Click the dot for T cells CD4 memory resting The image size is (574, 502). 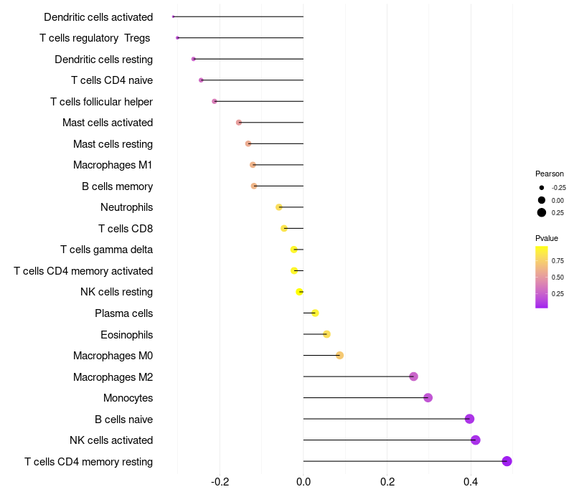[x=507, y=461]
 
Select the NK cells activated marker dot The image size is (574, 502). [x=475, y=440]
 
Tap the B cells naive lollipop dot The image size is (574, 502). [x=469, y=419]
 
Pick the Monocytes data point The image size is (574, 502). [x=428, y=398]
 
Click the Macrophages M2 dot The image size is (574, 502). [x=413, y=376]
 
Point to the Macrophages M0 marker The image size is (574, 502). [x=339, y=356]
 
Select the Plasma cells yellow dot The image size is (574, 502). [x=315, y=313]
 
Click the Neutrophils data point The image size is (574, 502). [x=279, y=207]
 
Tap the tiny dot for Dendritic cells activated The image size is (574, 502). [x=174, y=16]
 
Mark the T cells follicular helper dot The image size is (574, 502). [x=215, y=101]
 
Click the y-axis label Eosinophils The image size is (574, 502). [x=126, y=335]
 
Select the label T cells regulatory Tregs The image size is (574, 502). [x=95, y=38]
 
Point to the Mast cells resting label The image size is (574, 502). [x=113, y=144]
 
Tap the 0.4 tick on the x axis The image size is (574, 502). [x=471, y=482]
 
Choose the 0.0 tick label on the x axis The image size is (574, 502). [x=304, y=482]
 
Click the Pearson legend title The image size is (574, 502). [x=550, y=174]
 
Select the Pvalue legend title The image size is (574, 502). [x=547, y=238]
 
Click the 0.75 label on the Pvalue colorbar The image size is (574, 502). [x=557, y=261]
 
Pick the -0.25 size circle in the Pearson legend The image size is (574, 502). [x=542, y=188]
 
